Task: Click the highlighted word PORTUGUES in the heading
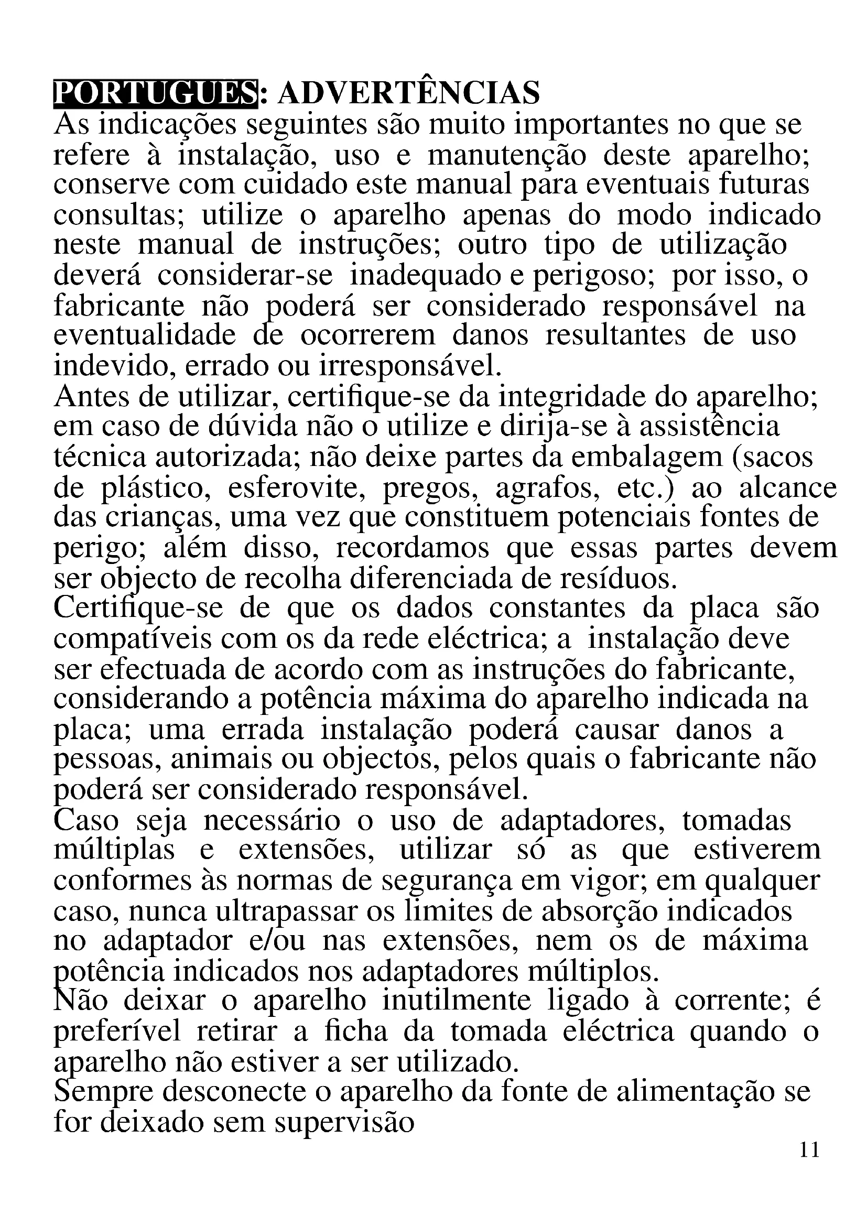click(155, 93)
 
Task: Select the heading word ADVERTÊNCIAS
click(408, 93)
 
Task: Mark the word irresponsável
click(410, 366)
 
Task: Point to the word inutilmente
click(457, 1001)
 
